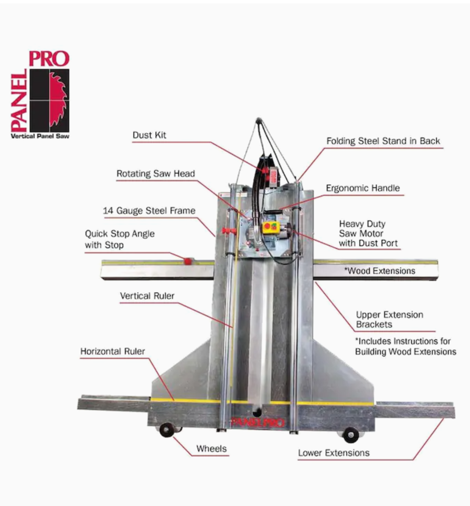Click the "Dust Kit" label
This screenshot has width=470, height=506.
coord(149,135)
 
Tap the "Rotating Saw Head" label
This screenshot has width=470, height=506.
coord(156,174)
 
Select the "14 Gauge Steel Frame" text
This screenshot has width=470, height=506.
coord(149,211)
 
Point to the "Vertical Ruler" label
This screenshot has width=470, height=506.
coord(147,296)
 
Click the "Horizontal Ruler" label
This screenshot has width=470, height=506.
coord(113,351)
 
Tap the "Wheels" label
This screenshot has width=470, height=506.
coord(211,449)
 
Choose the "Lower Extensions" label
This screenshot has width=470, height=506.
coord(334,453)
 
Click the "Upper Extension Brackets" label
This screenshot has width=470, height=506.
coord(389,319)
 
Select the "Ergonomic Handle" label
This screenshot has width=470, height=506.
coord(363,188)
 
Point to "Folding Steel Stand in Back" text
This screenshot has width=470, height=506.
coord(383,141)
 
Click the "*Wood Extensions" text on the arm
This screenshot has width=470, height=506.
coord(380,271)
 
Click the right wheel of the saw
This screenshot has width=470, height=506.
coord(351,435)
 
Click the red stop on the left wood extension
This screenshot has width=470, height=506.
coord(188,261)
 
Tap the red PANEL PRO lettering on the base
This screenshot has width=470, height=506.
coord(258,422)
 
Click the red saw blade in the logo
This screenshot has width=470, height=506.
coord(58,100)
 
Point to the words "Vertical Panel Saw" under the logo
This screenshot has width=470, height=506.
coord(40,136)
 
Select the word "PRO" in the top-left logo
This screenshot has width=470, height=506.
coord(49,59)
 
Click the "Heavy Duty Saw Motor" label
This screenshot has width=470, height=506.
coord(368,233)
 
